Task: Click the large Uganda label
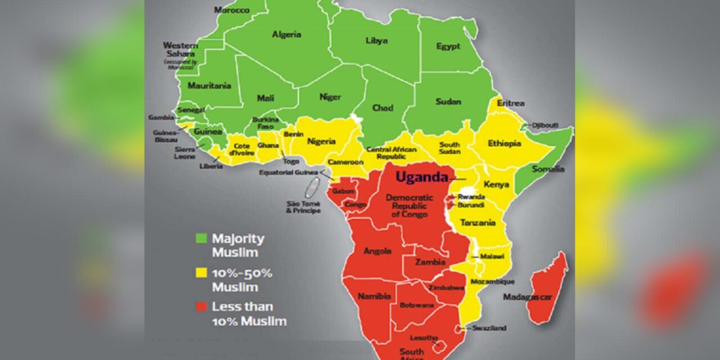pos(421,177)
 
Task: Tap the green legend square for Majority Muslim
pos(200,238)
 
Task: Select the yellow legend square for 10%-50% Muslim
pos(200,273)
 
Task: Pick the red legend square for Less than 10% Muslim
pos(200,307)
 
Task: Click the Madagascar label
pos(527,297)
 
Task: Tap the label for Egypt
pos(448,46)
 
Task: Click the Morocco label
pos(231,10)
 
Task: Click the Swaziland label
pos(489,328)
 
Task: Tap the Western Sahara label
pos(180,49)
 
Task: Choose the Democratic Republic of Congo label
pos(409,205)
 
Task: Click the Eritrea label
pos(511,103)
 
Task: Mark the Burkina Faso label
pos(265,123)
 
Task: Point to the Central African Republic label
pos(391,152)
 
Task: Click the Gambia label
pos(161,118)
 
